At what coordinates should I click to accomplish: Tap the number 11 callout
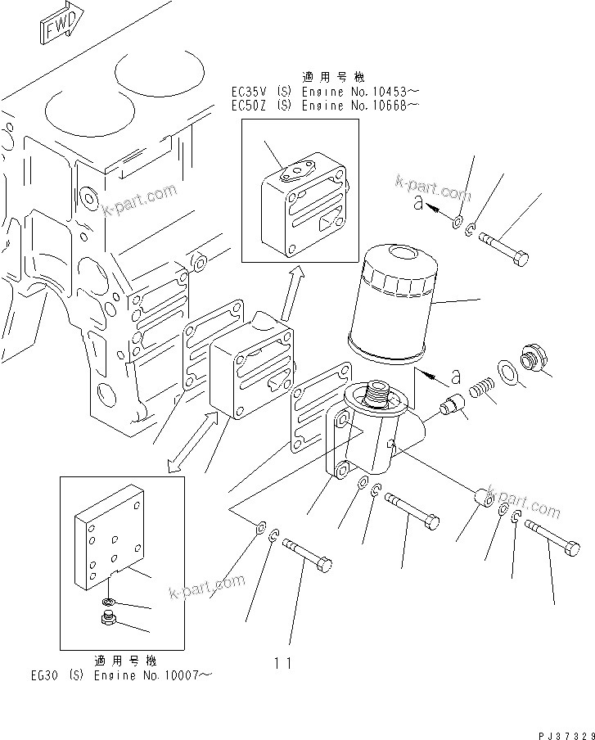[x=283, y=664]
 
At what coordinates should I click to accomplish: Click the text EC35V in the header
[x=246, y=92]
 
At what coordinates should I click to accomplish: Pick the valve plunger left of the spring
[x=452, y=405]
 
